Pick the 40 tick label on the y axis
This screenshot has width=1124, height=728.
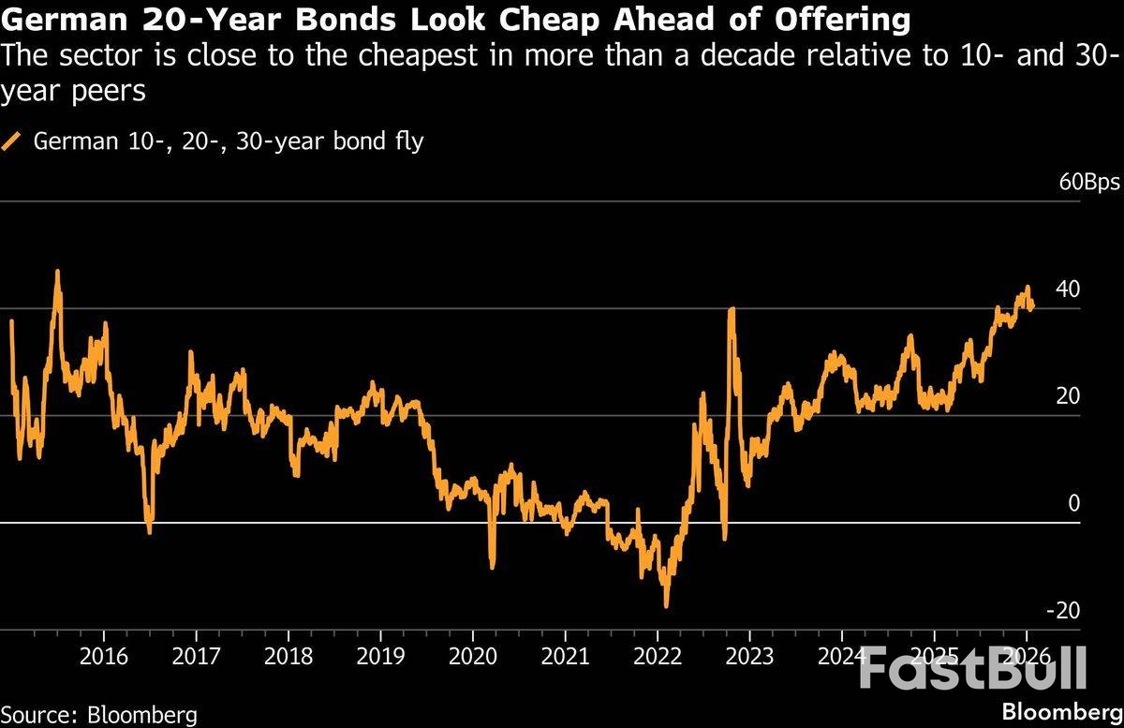(1068, 289)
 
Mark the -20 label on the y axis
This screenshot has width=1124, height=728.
(1063, 610)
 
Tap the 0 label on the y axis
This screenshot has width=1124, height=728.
(1074, 503)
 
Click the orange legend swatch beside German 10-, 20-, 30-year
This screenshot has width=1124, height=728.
(12, 142)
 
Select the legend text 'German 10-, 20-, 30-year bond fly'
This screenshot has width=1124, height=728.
(229, 142)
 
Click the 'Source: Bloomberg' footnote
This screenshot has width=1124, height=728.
(99, 714)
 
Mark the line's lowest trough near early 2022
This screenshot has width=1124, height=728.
(667, 606)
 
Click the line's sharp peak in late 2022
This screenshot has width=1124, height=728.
(731, 309)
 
